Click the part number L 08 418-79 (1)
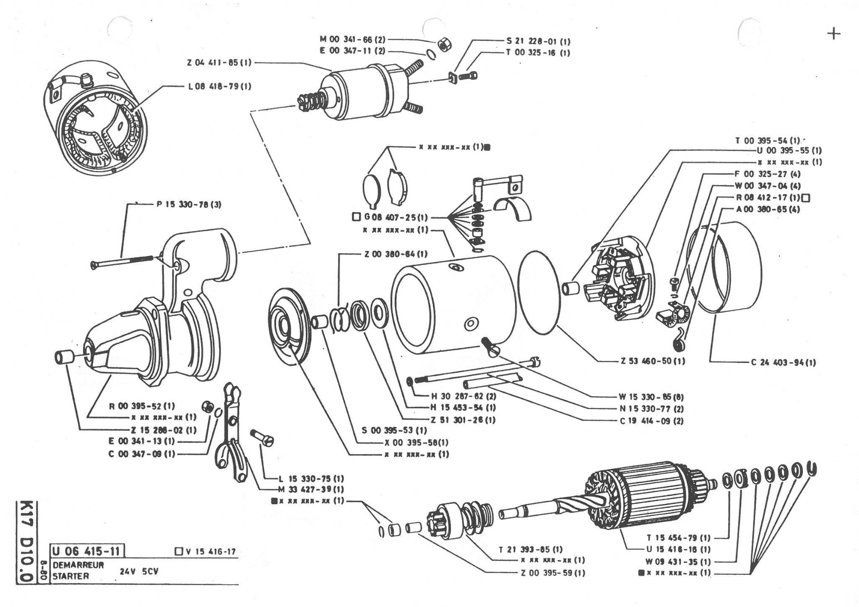(x=219, y=86)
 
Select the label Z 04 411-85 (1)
(x=219, y=63)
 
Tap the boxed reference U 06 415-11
(x=88, y=550)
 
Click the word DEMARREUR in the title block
(x=78, y=565)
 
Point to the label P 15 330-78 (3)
(x=189, y=205)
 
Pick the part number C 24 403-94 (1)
(x=784, y=362)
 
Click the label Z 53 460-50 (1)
(x=653, y=361)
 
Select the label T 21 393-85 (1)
(x=531, y=549)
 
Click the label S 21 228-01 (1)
(x=538, y=42)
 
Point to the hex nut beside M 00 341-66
(x=443, y=43)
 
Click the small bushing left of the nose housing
(x=64, y=357)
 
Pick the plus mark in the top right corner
(x=834, y=34)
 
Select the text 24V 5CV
(x=139, y=571)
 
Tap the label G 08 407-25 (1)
(x=396, y=217)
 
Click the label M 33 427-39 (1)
(x=311, y=489)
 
